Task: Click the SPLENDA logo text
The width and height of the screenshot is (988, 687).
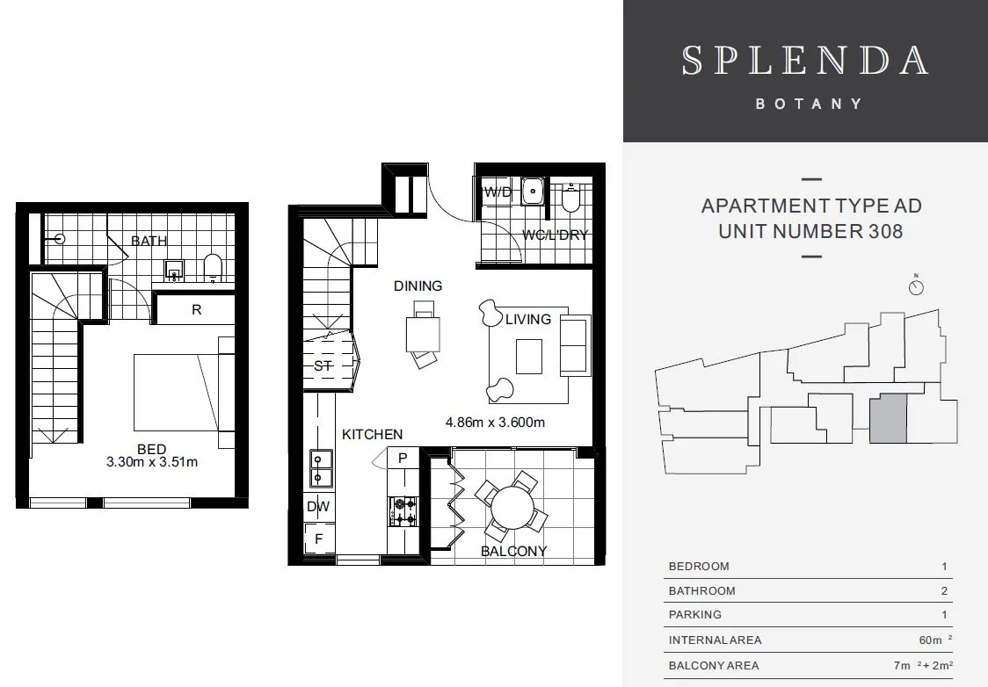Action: pyautogui.click(x=805, y=60)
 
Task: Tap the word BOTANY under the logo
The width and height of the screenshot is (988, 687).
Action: pyautogui.click(x=809, y=104)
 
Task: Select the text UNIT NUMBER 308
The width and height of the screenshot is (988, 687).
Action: pyautogui.click(x=810, y=232)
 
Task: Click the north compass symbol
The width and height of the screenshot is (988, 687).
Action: pyautogui.click(x=916, y=286)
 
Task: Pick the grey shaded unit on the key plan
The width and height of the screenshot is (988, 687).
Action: pyautogui.click(x=888, y=418)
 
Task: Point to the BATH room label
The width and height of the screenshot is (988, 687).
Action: pyautogui.click(x=149, y=241)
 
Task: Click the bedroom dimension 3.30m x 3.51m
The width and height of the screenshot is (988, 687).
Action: pyautogui.click(x=152, y=462)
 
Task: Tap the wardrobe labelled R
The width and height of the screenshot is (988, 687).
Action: pyautogui.click(x=196, y=310)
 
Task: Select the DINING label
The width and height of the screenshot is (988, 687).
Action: pyautogui.click(x=418, y=286)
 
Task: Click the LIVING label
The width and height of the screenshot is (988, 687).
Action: pyautogui.click(x=528, y=319)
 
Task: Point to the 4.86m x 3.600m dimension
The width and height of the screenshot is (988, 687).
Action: pyautogui.click(x=495, y=422)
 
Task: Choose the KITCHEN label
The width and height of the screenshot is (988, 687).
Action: pyautogui.click(x=372, y=434)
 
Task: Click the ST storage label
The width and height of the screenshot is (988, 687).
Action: pyautogui.click(x=323, y=365)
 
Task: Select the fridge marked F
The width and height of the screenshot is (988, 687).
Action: pyautogui.click(x=318, y=539)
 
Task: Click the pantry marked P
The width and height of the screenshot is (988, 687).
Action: pyautogui.click(x=403, y=458)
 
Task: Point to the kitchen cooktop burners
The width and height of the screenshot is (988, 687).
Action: pyautogui.click(x=403, y=511)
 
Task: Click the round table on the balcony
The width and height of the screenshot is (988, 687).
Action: pyautogui.click(x=511, y=507)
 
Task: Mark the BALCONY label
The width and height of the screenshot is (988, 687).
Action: pyautogui.click(x=514, y=552)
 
